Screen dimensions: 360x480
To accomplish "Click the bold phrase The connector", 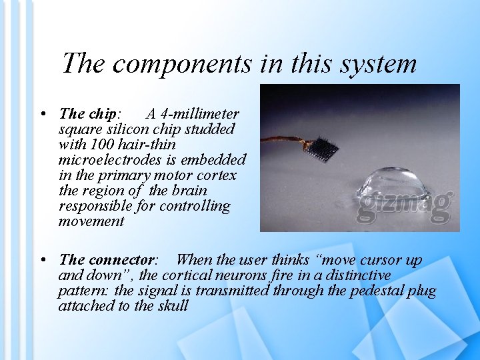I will pyautogui.click(x=107, y=260).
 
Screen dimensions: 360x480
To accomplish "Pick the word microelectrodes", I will pyautogui.click(x=109, y=160).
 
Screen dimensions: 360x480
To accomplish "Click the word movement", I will pyautogui.click(x=91, y=221).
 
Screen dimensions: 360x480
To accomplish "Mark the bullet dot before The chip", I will pyautogui.click(x=42, y=114).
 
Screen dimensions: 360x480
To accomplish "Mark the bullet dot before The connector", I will pyautogui.click(x=42, y=260).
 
